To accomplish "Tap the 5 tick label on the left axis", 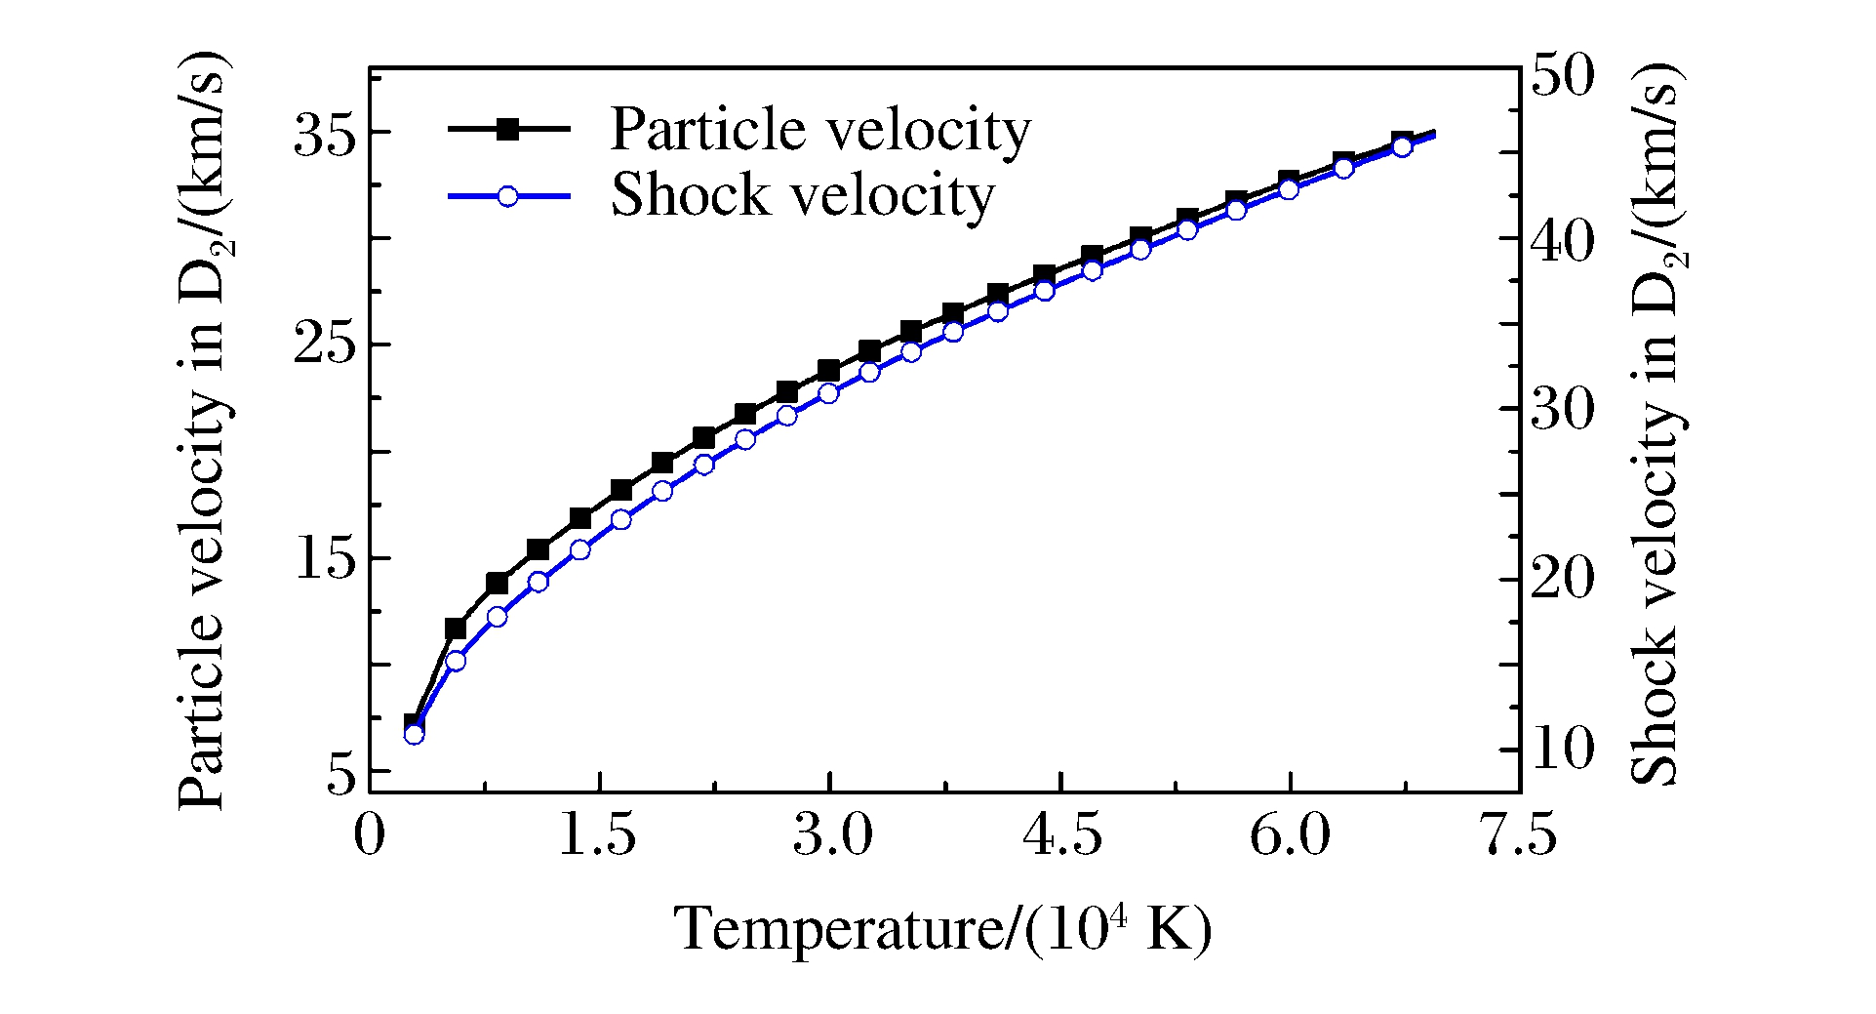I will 339,773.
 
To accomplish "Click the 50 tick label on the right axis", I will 1562,75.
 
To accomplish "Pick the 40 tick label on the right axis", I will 1562,241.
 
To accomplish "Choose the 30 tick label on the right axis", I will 1562,410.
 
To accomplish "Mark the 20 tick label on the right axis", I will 1562,579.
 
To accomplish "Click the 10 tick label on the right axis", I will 1562,749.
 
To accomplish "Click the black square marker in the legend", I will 507,129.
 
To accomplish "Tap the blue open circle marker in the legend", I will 507,196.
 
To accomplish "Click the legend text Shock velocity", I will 802,195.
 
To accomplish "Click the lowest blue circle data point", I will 414,734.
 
